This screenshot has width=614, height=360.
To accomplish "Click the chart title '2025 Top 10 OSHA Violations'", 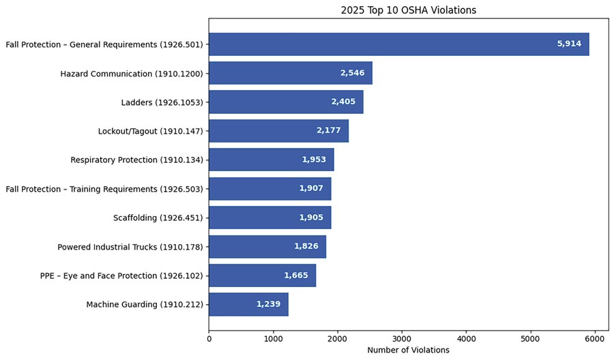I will [x=408, y=10].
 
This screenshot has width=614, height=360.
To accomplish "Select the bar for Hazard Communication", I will [x=290, y=73].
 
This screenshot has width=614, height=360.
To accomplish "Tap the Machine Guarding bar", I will [x=248, y=304].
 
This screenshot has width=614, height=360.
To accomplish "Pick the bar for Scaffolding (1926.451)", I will [x=269, y=217].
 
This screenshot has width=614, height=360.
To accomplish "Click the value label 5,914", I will [x=569, y=44].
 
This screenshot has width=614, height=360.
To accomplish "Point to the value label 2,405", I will [x=344, y=102].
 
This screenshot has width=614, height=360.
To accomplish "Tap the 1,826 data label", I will [x=306, y=246].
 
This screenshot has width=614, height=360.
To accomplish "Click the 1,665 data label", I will [x=296, y=275].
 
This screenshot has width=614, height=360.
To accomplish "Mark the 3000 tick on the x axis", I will [x=402, y=337].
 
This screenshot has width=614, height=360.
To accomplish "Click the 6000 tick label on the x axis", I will [x=595, y=337].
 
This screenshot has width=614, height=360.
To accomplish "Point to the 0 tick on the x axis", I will [x=209, y=337].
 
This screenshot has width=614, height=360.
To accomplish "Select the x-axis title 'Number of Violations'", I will [x=408, y=350].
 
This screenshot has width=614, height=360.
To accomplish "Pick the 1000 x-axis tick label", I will [x=273, y=337].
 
